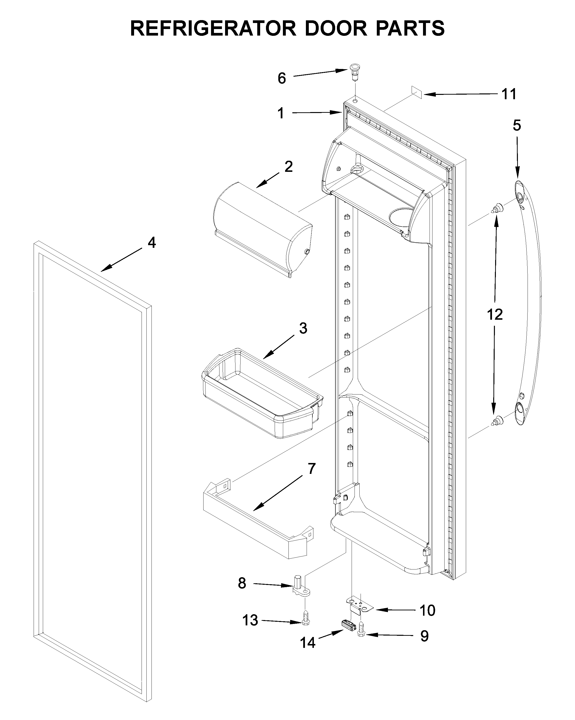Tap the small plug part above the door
(x=355, y=71)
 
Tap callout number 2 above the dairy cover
(x=288, y=167)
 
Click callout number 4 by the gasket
(x=151, y=243)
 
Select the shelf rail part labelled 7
(x=257, y=524)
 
